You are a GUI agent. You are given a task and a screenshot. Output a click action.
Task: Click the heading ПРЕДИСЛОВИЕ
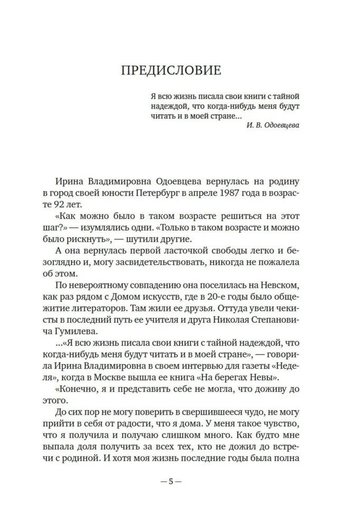(180, 70)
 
